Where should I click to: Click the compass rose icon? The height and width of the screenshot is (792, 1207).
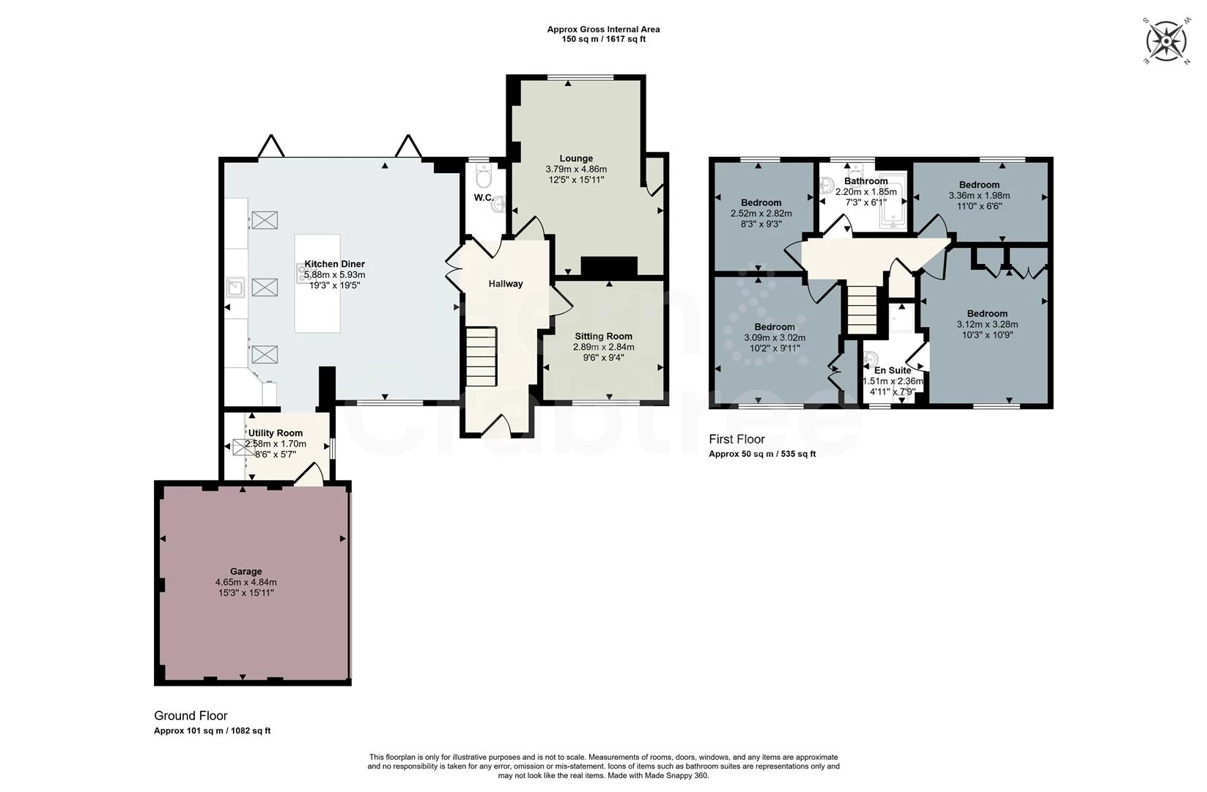click(1166, 41)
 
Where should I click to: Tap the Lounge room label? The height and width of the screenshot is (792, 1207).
click(576, 158)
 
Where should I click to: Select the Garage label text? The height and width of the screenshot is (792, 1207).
click(246, 571)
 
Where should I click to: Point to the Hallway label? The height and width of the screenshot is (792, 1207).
click(506, 284)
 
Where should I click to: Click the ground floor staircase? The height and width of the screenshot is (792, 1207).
click(481, 356)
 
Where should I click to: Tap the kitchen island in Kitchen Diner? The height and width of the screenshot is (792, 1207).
click(317, 284)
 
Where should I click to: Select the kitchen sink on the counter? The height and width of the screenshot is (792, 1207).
click(235, 287)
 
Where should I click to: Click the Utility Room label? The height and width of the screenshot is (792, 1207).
click(276, 433)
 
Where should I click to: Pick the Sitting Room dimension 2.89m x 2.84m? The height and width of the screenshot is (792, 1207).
click(604, 347)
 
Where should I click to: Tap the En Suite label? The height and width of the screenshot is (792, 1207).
click(893, 370)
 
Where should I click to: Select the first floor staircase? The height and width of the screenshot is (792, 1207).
click(862, 309)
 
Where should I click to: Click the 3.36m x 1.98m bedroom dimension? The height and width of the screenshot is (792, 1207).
click(979, 195)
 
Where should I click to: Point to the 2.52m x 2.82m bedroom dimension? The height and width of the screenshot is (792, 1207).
click(761, 213)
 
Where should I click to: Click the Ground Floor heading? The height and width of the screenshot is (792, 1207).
click(191, 716)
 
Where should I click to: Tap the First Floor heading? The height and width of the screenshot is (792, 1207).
click(737, 439)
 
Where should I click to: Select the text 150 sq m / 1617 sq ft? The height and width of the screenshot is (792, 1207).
click(604, 39)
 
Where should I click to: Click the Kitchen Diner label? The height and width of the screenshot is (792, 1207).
click(335, 264)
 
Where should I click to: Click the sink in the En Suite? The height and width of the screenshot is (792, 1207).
click(869, 359)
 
